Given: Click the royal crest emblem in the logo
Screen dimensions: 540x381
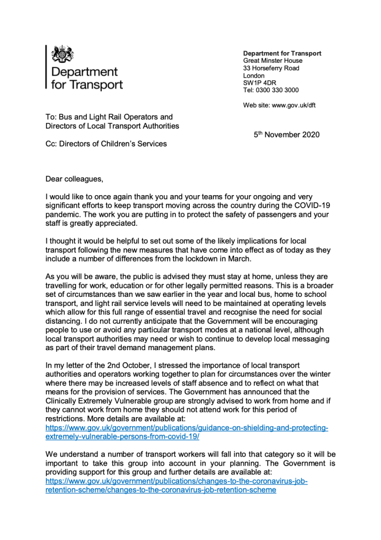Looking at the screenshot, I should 63,54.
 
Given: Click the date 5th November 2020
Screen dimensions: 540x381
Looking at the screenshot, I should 286,135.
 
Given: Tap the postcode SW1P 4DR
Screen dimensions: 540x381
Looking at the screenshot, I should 260,83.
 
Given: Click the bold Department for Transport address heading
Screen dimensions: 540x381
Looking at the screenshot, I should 282,53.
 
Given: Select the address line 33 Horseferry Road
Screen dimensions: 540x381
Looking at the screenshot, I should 271,68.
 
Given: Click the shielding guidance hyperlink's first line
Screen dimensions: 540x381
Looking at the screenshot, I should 187,428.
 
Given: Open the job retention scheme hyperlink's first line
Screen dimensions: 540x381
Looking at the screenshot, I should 177,481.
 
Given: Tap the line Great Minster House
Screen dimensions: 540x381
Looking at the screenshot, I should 272,61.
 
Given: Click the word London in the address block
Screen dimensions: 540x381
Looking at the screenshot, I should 254,75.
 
